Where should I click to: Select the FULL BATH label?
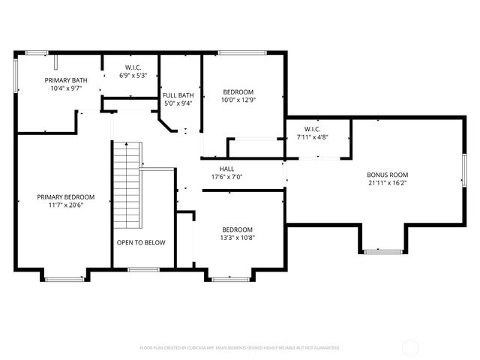178,95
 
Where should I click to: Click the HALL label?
226,169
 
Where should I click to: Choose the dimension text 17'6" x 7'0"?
226,177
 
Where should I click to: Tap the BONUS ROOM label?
387,174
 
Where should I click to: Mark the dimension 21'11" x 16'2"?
387,182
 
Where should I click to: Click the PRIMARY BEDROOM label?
65,197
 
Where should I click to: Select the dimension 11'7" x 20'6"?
65,205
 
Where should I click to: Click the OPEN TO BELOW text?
141,242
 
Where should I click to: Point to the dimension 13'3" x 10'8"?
237,238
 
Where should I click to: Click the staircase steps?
126,184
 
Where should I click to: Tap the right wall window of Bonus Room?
463,170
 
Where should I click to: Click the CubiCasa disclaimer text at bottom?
240,347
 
